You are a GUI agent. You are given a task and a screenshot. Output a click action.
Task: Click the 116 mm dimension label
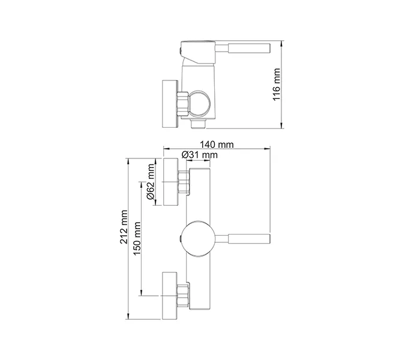(x=277, y=85)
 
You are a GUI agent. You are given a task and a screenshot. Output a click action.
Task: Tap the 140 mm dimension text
(x=217, y=145)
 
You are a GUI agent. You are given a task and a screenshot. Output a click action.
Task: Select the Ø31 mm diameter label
(x=200, y=155)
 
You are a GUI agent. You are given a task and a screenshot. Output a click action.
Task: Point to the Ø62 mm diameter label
(x=151, y=182)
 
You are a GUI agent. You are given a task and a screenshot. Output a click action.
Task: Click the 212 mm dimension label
(x=124, y=227)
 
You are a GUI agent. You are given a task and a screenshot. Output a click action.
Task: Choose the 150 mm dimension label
(x=137, y=238)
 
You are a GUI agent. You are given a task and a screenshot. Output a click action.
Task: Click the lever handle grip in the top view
(x=249, y=48)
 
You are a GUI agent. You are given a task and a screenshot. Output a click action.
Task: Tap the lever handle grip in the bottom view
(x=249, y=239)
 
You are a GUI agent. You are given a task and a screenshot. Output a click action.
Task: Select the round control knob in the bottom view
(x=198, y=239)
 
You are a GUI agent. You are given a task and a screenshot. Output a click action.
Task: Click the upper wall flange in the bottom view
(x=170, y=182)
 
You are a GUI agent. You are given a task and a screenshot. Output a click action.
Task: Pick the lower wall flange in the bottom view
(x=170, y=295)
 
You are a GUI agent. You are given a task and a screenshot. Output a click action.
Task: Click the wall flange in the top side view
(x=170, y=104)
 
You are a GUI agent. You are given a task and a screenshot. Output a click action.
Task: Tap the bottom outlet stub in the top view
(x=198, y=124)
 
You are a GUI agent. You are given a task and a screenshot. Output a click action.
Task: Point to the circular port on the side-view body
(x=199, y=103)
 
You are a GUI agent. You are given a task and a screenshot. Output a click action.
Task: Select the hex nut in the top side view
(x=182, y=103)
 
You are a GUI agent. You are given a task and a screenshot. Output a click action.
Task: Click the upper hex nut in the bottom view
(x=184, y=182)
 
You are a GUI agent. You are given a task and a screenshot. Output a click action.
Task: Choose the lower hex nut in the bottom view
(x=183, y=295)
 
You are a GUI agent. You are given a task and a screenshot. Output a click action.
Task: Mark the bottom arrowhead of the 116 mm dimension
(x=282, y=125)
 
